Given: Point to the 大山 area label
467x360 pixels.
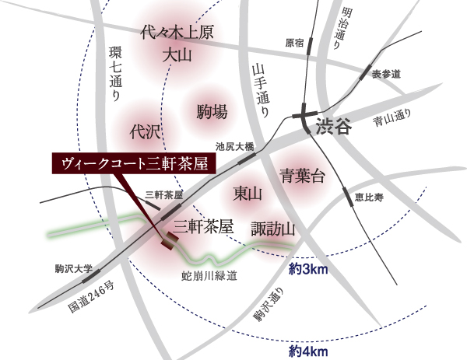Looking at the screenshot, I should point(177,55).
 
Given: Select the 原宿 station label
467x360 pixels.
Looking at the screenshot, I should point(294,43).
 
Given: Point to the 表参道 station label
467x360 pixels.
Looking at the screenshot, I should point(385,74).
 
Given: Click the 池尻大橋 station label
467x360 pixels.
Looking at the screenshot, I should point(234,146).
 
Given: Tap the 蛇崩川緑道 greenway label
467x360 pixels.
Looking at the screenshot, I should point(209,275).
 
